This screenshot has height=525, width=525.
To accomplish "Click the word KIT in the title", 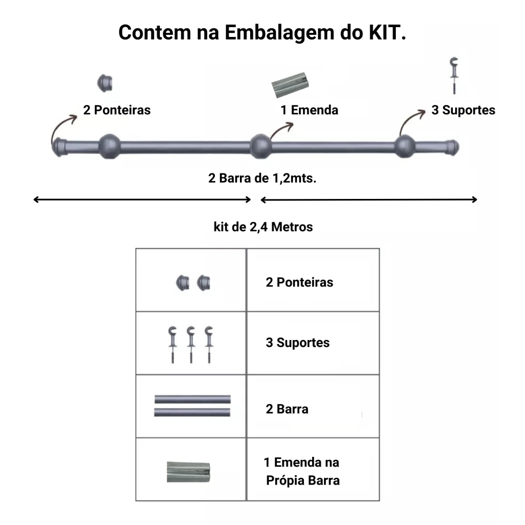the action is click(388, 32).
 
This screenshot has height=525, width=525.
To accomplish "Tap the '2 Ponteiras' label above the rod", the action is click(117, 110).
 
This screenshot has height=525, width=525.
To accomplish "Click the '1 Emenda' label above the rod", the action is click(309, 110).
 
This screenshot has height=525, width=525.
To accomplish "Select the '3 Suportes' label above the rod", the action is click(463, 110).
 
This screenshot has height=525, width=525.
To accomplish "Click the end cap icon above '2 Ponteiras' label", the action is click(105, 83).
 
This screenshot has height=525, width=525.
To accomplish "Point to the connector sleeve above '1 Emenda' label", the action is click(290, 85).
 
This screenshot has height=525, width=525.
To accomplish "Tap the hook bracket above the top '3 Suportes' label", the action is click(454, 76).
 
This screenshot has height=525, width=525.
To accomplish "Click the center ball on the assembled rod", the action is click(260, 146).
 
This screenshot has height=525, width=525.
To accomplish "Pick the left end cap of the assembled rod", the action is click(59, 147).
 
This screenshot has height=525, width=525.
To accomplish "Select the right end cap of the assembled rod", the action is click(452, 147).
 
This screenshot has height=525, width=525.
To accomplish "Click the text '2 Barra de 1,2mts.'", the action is click(262, 178).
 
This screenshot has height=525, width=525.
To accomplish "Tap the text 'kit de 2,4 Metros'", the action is click(263, 227).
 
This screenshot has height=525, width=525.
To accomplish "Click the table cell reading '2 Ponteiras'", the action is click(313, 280).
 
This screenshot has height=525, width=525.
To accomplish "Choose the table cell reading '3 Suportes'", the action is click(313, 343).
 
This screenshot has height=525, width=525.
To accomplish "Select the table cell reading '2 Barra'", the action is click(313, 406).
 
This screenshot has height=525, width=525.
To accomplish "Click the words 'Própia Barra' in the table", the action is click(302, 480).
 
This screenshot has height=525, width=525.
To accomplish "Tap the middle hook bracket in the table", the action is click(191, 345).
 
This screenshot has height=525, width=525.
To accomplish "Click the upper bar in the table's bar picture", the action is click(193, 399).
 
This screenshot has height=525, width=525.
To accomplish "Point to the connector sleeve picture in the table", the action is click(189, 472).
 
